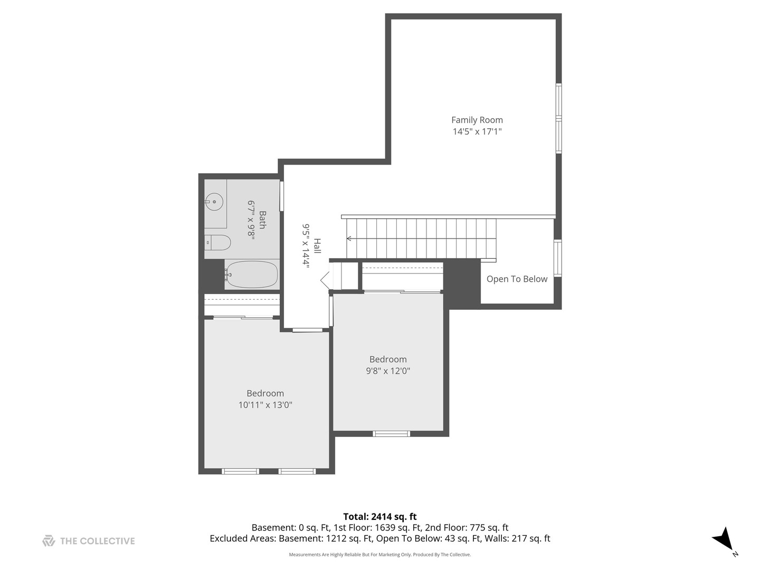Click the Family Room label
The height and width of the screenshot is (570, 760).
[x=477, y=120]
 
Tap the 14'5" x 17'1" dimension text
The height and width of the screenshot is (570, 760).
[x=477, y=131]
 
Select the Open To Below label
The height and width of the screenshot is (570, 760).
[x=517, y=279]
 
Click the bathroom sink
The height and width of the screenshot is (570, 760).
[x=214, y=202]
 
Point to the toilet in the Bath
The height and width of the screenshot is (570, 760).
[x=218, y=243]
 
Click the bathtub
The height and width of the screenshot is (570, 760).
[x=252, y=274]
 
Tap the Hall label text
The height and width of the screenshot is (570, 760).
[x=317, y=246]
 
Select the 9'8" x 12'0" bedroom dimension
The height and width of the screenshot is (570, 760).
[x=388, y=371]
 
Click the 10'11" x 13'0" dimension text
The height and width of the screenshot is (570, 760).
[x=265, y=405]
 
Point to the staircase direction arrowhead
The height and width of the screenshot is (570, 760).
[x=349, y=239]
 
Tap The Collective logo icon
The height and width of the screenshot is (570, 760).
[x=49, y=540]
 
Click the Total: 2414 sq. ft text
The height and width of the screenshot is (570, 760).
[x=379, y=517]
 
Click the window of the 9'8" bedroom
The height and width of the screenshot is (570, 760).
[x=391, y=434]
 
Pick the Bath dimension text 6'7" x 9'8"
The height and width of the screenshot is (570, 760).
[x=251, y=220]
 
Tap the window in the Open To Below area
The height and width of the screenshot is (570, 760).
[x=557, y=258]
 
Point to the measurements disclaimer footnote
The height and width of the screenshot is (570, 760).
[x=379, y=555]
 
